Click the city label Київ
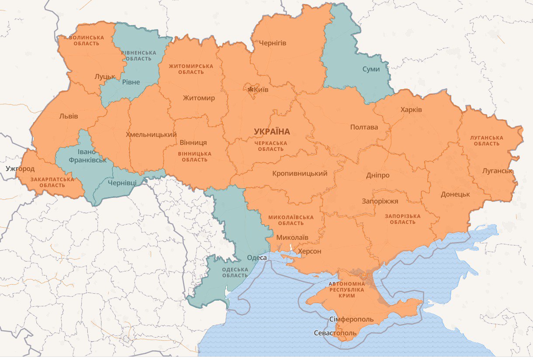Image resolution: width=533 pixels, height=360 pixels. coord(261,90)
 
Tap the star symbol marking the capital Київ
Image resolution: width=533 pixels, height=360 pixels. coord(251,90)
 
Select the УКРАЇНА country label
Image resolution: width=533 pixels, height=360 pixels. coord(272,132)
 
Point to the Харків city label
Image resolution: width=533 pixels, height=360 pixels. coord(411,109)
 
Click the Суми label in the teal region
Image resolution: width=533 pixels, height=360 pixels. coord(371,69)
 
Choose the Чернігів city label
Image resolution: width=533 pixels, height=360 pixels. coord(273,43)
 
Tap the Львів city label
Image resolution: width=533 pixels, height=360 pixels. coord(69,116)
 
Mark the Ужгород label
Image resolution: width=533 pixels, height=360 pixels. coord(21,168)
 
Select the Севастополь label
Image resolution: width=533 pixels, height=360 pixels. coord(335,333)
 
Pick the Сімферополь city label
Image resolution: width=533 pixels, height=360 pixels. coord(352,319)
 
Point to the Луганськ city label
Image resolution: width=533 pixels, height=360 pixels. coord(497,171)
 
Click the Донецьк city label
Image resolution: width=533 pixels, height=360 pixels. coord(455,194)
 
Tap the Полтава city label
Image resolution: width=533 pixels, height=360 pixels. coord(364,127)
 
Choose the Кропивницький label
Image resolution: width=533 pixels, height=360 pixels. coord(300,173)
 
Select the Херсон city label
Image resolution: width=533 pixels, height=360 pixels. coord(309,251)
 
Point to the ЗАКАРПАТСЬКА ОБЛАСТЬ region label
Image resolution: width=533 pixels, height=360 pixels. coord(52,182)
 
